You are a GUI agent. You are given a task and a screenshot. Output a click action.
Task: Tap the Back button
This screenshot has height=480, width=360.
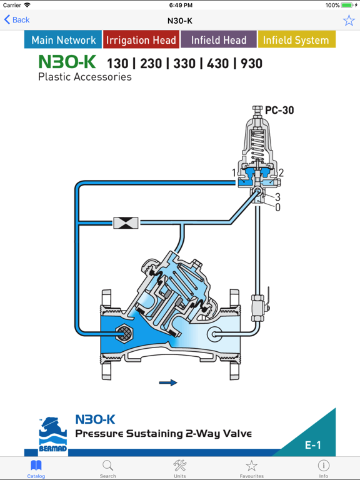click(x=17, y=20)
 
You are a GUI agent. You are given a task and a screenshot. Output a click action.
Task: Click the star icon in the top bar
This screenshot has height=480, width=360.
click(x=349, y=20)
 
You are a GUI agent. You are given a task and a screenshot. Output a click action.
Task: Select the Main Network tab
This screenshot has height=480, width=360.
click(x=63, y=39)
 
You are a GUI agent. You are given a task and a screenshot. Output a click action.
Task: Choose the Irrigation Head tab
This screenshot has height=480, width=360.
click(x=141, y=39)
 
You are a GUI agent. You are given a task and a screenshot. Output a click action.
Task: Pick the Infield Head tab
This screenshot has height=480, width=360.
click(x=219, y=39)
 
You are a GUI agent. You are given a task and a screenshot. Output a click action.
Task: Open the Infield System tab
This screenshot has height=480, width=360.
click(x=296, y=39)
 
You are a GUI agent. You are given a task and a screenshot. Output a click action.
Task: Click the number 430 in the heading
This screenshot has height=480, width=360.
click(x=218, y=64)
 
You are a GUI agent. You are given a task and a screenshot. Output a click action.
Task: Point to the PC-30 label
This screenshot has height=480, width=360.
click(x=279, y=110)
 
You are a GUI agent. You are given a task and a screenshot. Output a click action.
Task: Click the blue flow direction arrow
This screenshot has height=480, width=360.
click(x=168, y=382)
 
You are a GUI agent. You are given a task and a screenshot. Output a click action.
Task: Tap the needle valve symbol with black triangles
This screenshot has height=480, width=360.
click(x=126, y=222)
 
